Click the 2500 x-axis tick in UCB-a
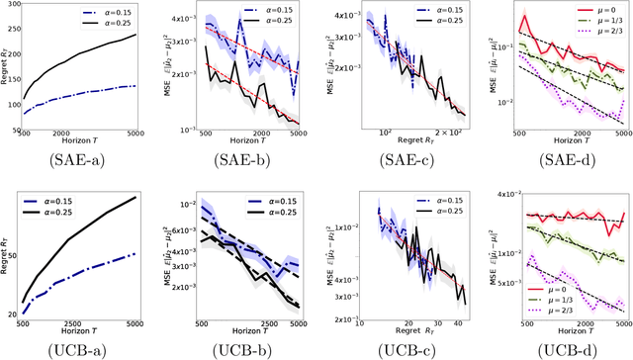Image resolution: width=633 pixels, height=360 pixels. point(95,324)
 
